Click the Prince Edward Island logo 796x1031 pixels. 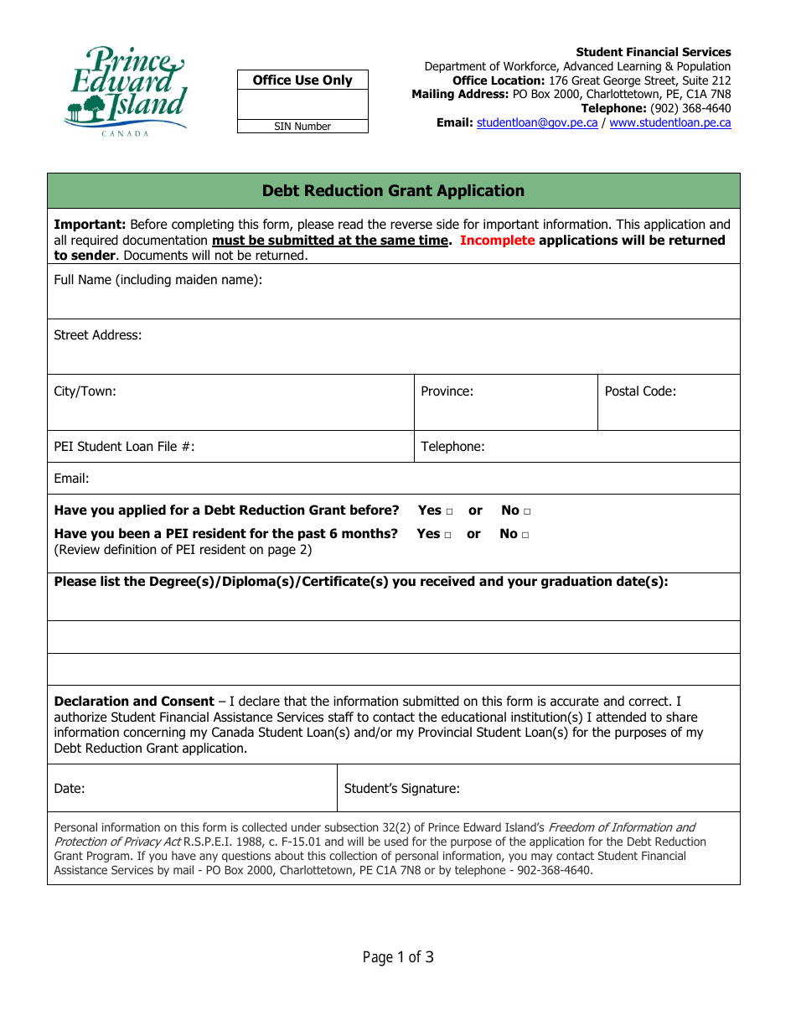point(126,91)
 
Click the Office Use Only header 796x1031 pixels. point(302,80)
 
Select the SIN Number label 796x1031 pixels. point(302,127)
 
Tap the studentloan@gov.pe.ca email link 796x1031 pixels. point(537,122)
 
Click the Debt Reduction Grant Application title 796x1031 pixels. point(393,191)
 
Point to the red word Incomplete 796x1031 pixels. point(497,241)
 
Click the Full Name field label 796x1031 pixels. point(158,280)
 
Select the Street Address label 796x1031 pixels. point(98,335)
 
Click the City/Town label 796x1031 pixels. point(85,391)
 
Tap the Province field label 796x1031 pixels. point(447,391)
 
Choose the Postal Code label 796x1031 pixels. point(640,391)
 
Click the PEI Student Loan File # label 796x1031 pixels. point(124,447)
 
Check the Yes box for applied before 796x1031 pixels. point(450,511)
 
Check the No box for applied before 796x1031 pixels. point(527,511)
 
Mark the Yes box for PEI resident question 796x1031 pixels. point(448,535)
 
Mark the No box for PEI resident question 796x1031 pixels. point(525,535)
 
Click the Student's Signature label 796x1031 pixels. point(401,789)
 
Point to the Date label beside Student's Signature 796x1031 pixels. point(70,789)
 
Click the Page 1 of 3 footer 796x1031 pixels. point(398,957)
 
